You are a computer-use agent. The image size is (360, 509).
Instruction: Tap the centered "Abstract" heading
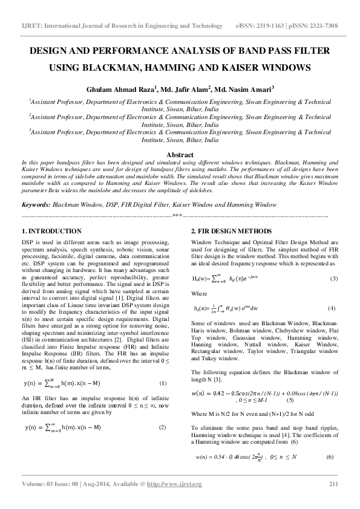180,155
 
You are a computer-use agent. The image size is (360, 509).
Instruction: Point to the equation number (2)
162,427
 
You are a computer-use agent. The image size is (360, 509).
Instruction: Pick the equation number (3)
333,279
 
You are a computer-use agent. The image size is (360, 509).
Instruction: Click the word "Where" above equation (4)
199,293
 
